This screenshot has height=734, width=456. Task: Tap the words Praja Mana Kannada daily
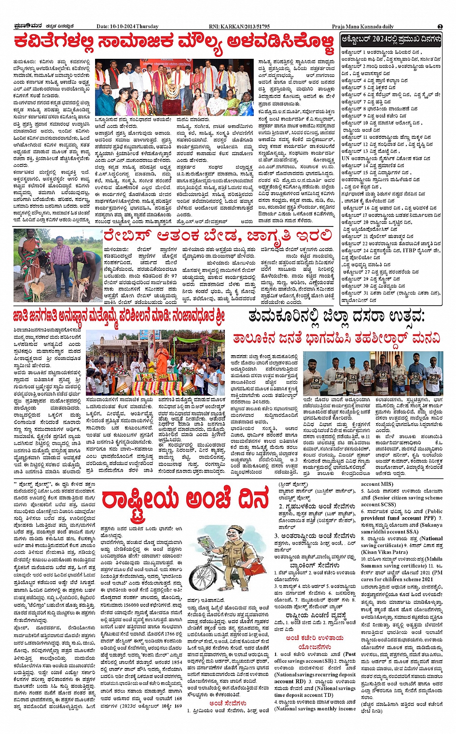[x=362, y=27]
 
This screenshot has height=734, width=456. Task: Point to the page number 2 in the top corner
[x=440, y=27]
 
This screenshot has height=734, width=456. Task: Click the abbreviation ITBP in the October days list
[x=410, y=251]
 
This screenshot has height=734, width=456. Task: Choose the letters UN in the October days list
[x=345, y=158]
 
